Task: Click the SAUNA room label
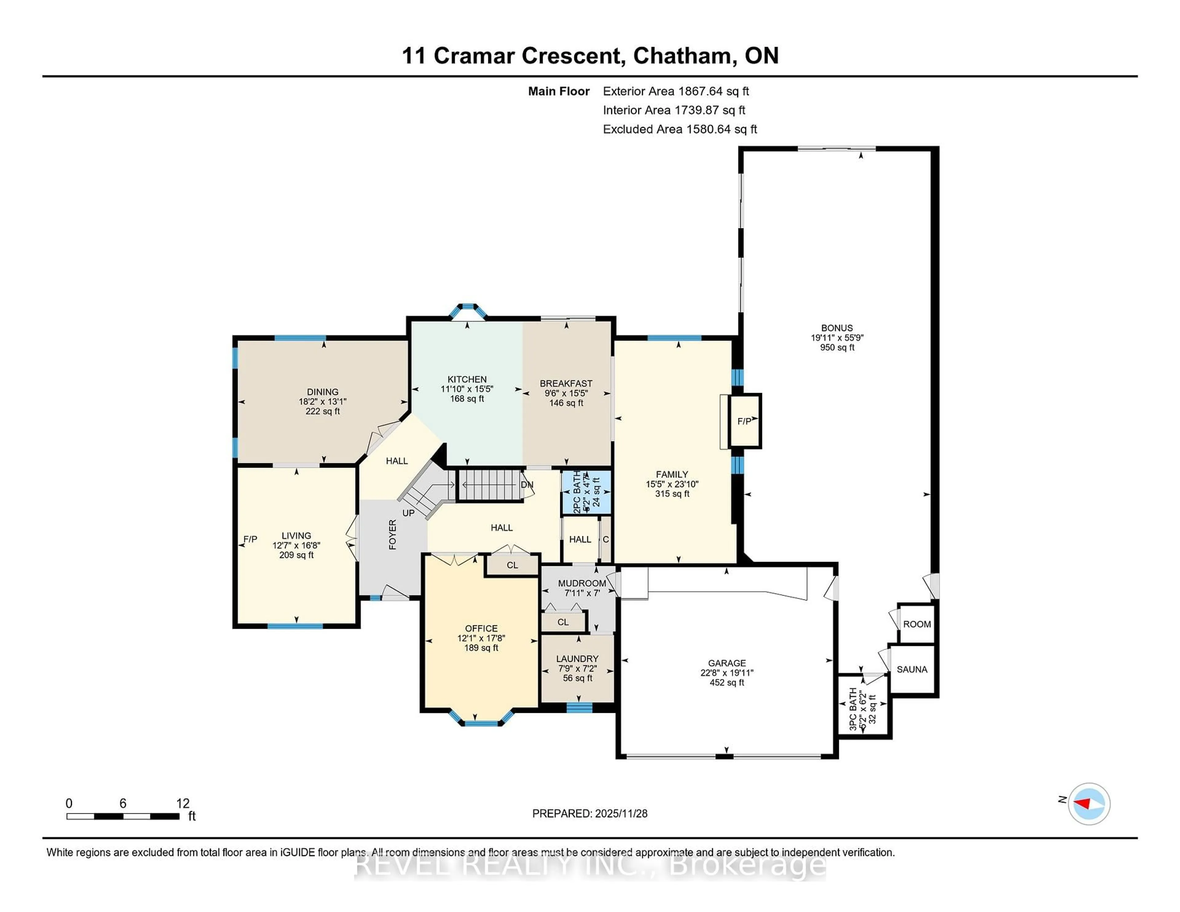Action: click(x=912, y=670)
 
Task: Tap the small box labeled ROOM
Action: click(x=917, y=624)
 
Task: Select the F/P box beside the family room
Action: click(x=745, y=421)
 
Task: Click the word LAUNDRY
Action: click(x=577, y=658)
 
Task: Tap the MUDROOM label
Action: click(x=582, y=584)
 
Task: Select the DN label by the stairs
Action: click(x=527, y=485)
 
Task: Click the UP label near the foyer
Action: click(x=408, y=513)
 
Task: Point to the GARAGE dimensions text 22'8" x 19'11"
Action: click(x=727, y=673)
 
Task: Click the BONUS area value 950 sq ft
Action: click(x=837, y=348)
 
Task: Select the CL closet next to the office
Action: click(x=512, y=565)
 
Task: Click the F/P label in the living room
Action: click(x=250, y=539)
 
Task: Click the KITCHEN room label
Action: click(x=467, y=379)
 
